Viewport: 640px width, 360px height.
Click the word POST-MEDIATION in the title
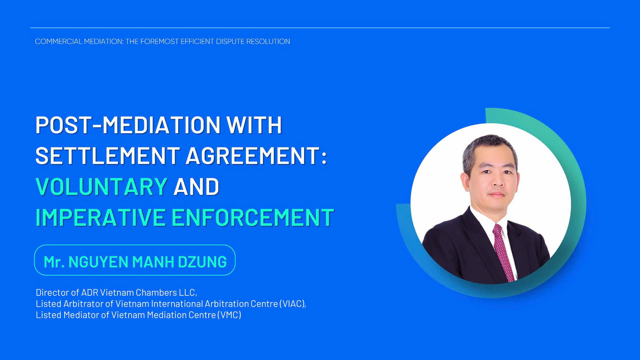(128, 125)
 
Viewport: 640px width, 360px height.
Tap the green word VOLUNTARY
(102, 186)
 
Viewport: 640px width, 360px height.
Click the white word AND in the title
(196, 186)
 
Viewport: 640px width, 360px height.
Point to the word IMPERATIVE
(100, 218)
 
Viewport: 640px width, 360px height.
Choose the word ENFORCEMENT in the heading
(253, 218)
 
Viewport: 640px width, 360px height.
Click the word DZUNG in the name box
(202, 262)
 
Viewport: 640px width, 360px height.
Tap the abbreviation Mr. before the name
(54, 262)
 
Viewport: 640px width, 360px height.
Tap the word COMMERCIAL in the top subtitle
(58, 41)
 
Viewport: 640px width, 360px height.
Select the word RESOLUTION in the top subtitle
(268, 41)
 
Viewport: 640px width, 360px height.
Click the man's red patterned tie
(503, 252)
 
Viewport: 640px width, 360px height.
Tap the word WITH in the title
(254, 125)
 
